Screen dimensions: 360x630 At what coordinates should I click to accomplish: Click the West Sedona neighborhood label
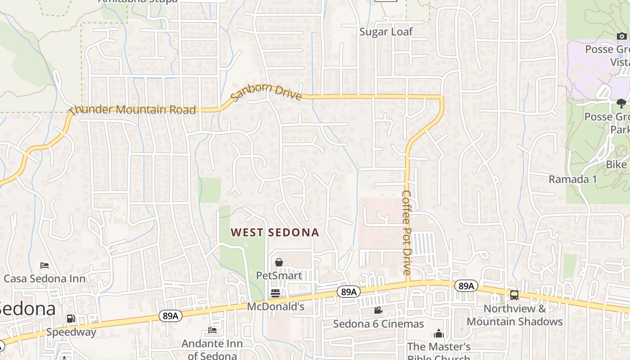(275, 233)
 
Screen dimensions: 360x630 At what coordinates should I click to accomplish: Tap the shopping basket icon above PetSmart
(279, 262)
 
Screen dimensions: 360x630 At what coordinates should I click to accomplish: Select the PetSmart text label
(279, 275)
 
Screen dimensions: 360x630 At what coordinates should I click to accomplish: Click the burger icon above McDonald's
(275, 293)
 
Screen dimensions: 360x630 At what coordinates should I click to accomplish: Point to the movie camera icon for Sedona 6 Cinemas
(378, 310)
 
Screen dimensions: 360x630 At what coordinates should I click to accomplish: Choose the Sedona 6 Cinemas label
(378, 324)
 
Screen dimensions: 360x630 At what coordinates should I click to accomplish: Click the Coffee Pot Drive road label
(406, 232)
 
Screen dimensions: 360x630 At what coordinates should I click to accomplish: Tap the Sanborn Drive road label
(266, 91)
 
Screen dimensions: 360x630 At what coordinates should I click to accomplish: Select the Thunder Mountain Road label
(133, 109)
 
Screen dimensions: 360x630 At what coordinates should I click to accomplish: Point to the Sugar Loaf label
(386, 32)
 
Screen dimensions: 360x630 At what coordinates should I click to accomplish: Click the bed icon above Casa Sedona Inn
(45, 265)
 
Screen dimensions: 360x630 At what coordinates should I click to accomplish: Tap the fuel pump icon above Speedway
(71, 319)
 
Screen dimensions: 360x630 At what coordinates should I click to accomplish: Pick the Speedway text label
(71, 332)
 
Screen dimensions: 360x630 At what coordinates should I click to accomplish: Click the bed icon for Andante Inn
(212, 330)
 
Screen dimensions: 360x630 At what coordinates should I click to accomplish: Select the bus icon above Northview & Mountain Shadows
(514, 295)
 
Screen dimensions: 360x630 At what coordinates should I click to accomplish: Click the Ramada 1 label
(572, 179)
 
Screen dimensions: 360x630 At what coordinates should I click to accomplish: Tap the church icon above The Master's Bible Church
(438, 333)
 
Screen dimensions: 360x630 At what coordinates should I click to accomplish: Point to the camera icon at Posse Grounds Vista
(621, 36)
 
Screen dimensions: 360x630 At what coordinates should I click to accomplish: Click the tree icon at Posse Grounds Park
(621, 103)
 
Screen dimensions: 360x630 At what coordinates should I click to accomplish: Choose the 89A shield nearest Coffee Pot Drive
(466, 286)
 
